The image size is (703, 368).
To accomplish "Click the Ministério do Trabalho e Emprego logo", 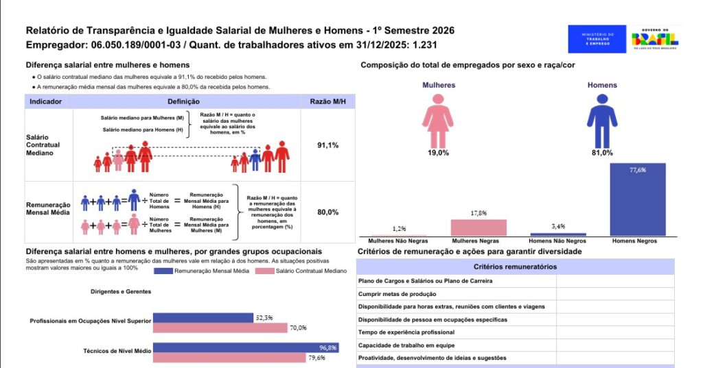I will click(597, 39).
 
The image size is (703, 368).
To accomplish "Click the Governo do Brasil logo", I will click(656, 38).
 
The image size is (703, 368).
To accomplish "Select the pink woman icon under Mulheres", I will click(437, 121).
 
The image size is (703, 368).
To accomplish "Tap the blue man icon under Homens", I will click(601, 121).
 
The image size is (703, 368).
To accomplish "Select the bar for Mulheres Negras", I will click(479, 228).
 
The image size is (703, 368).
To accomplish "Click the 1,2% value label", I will click(399, 228).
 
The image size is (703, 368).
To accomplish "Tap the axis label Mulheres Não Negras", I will click(399, 241).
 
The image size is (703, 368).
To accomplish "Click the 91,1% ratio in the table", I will click(327, 145).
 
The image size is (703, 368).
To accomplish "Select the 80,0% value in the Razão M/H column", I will click(327, 212).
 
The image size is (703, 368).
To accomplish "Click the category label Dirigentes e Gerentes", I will click(121, 291).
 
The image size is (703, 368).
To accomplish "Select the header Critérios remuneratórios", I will click(515, 266).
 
